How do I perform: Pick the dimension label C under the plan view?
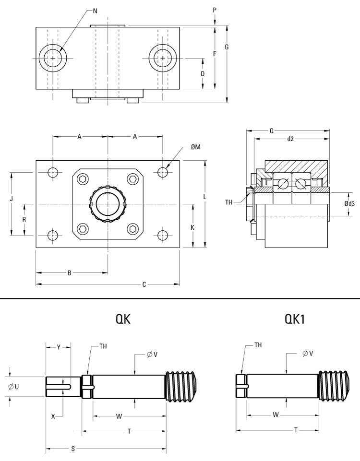click(144, 284)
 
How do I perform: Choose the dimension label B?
click(69, 273)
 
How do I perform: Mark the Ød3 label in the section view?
click(349, 204)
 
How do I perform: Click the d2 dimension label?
click(290, 139)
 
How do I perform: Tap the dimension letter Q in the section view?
click(272, 130)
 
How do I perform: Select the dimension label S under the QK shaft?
click(72, 450)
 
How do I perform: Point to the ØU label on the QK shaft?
click(13, 387)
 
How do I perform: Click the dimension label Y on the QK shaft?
click(59, 347)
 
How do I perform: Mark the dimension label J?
click(11, 198)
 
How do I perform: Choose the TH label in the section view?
click(229, 202)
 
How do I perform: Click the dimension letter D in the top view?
click(203, 74)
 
